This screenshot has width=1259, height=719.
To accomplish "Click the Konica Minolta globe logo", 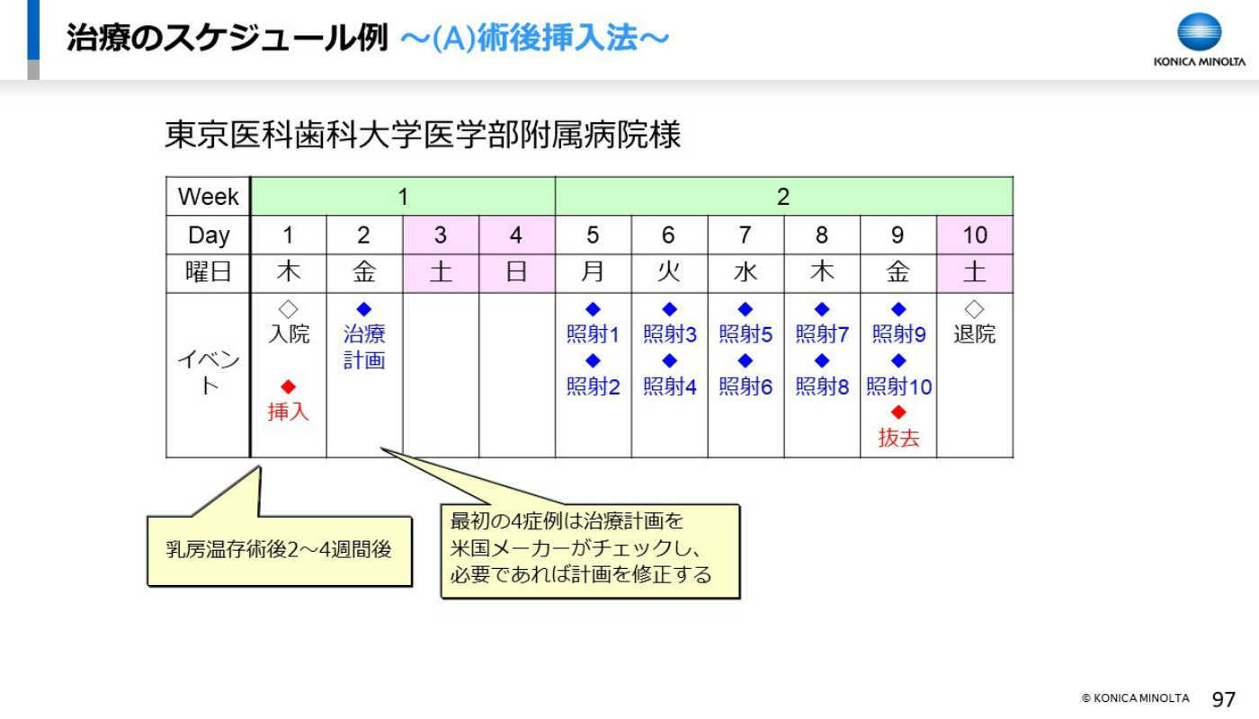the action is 1199,32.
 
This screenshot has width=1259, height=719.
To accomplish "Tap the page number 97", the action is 1224,699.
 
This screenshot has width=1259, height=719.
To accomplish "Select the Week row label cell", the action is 208,197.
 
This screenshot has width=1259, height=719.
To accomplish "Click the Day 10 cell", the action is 975,235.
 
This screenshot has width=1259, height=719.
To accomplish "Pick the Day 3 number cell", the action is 441,235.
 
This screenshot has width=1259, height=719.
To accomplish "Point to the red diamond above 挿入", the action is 289,386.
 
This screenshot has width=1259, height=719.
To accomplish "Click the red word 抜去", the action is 898,438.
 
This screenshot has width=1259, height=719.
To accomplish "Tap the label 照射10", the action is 898,386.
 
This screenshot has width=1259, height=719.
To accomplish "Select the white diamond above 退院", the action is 974,309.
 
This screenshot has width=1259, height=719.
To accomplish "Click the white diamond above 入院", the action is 289,309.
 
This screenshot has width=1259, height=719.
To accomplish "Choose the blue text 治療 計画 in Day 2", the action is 364,347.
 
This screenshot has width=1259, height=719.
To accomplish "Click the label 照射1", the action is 593,334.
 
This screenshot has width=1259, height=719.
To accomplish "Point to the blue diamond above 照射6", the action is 746,360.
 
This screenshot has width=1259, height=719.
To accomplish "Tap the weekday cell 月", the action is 593,273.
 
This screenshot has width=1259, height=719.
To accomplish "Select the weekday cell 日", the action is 516,273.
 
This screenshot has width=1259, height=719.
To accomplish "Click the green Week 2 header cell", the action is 783,197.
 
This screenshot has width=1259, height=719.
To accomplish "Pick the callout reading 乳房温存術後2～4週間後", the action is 280,550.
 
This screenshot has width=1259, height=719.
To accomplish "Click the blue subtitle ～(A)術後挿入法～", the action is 534,38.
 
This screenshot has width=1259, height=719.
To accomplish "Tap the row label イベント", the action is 208,372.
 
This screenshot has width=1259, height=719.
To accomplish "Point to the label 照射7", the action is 822,334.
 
